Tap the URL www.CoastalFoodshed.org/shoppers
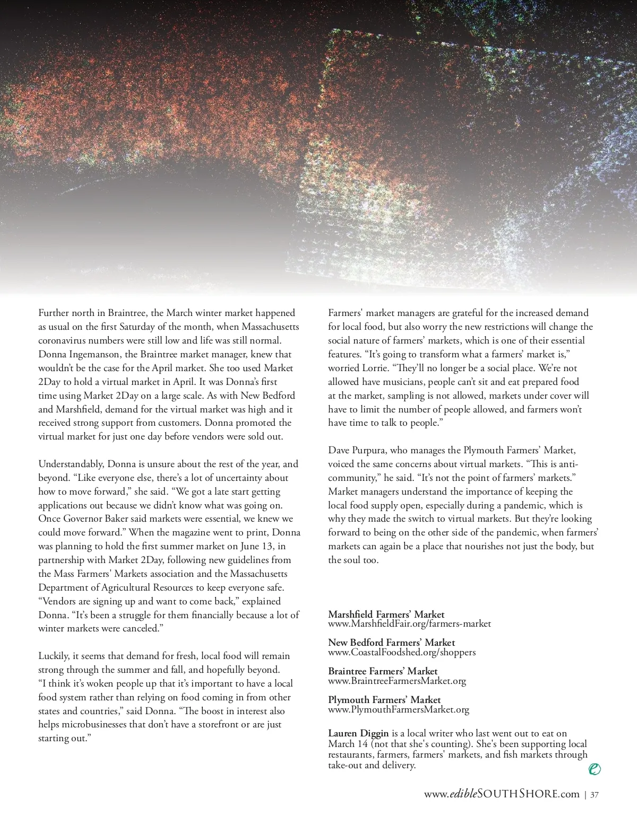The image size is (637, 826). [x=402, y=652]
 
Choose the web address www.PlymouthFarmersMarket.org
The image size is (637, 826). [x=399, y=709]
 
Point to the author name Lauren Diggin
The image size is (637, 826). [x=358, y=733]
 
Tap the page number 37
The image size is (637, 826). [x=595, y=795]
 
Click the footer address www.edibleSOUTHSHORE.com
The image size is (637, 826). [x=502, y=794]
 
